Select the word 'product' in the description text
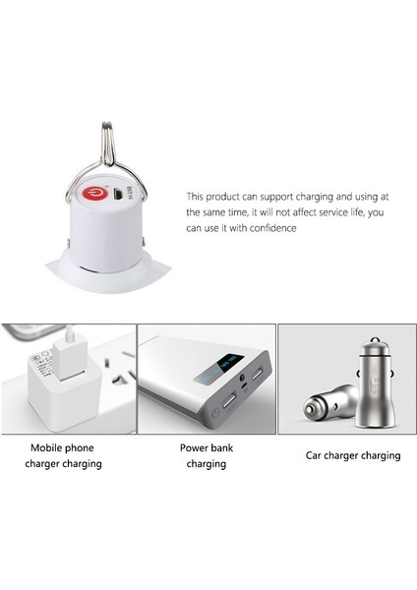pos(229,196)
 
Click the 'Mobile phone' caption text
pos(60,446)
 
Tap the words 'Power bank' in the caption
pos(205,446)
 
